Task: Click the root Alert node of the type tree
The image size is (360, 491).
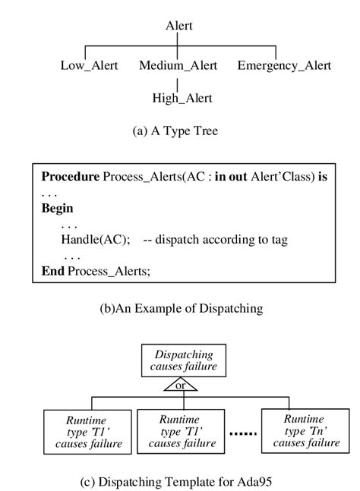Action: coord(178,26)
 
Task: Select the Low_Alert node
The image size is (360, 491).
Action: coord(89,65)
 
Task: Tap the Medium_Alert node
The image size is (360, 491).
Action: coord(178,65)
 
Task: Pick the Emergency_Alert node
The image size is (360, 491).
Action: coord(284,65)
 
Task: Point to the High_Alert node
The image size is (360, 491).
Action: coord(182,98)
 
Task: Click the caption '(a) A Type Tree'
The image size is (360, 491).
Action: coord(175,131)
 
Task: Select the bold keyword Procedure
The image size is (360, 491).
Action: coord(70,176)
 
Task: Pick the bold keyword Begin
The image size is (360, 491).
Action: coord(57,208)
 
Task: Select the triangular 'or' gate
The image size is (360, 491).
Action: coord(180,385)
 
